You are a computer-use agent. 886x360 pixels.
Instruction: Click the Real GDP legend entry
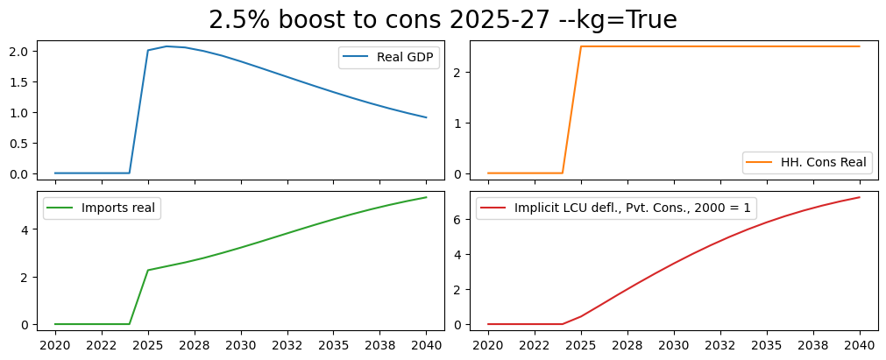click(x=408, y=58)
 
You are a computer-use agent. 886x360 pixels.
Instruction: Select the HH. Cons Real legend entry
click(x=824, y=162)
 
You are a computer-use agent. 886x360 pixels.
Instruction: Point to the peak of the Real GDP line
click(x=167, y=46)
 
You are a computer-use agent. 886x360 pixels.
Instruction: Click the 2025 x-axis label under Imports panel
click(x=148, y=345)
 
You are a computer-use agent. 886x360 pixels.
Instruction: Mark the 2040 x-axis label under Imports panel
click(x=426, y=345)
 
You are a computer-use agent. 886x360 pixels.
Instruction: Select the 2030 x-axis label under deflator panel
click(x=674, y=345)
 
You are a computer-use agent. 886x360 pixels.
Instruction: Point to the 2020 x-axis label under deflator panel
click(x=488, y=345)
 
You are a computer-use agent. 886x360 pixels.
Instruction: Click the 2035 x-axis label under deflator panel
click(x=767, y=345)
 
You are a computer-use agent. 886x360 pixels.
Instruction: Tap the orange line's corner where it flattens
click(x=581, y=46)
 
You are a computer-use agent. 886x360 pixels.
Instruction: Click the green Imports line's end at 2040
click(x=426, y=197)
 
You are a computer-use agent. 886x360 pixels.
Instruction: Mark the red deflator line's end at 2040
click(x=859, y=197)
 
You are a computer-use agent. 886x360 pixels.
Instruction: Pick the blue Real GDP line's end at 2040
click(x=426, y=117)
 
